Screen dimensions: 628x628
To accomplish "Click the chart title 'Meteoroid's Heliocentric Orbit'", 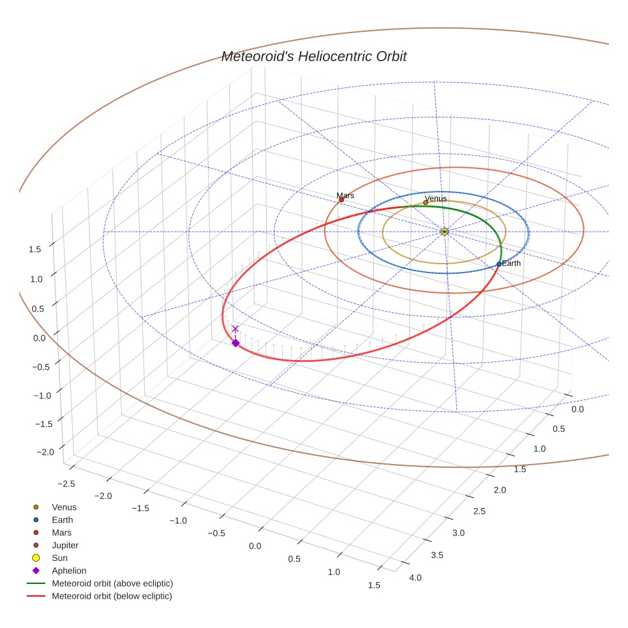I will [x=313, y=56].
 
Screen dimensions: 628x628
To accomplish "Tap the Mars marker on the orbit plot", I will [x=341, y=200].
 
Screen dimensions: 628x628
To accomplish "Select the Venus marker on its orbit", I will [x=426, y=203].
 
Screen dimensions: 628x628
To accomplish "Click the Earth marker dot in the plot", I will [x=499, y=264].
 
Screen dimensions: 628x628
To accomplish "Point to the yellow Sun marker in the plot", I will [x=444, y=232].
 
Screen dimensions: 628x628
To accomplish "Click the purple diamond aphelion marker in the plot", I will [x=235, y=343].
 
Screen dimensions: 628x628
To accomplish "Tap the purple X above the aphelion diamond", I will [x=235, y=329].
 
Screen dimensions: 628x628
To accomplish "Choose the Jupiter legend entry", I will [x=64, y=546].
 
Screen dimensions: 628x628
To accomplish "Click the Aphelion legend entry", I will [x=68, y=571].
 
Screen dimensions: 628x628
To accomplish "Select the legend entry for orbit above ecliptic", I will [x=112, y=584].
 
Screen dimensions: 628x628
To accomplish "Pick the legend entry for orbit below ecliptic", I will [x=112, y=597].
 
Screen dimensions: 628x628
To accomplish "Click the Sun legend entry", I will [x=59, y=558].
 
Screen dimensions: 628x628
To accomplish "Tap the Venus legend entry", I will [x=64, y=507].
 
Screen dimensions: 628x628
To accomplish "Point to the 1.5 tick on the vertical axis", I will [x=35, y=250].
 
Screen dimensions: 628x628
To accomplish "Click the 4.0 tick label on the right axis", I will [x=415, y=578].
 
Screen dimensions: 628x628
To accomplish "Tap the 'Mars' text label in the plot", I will [x=345, y=195].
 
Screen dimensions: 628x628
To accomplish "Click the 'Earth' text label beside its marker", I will [x=511, y=263].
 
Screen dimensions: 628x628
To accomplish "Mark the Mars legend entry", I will [x=61, y=533].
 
